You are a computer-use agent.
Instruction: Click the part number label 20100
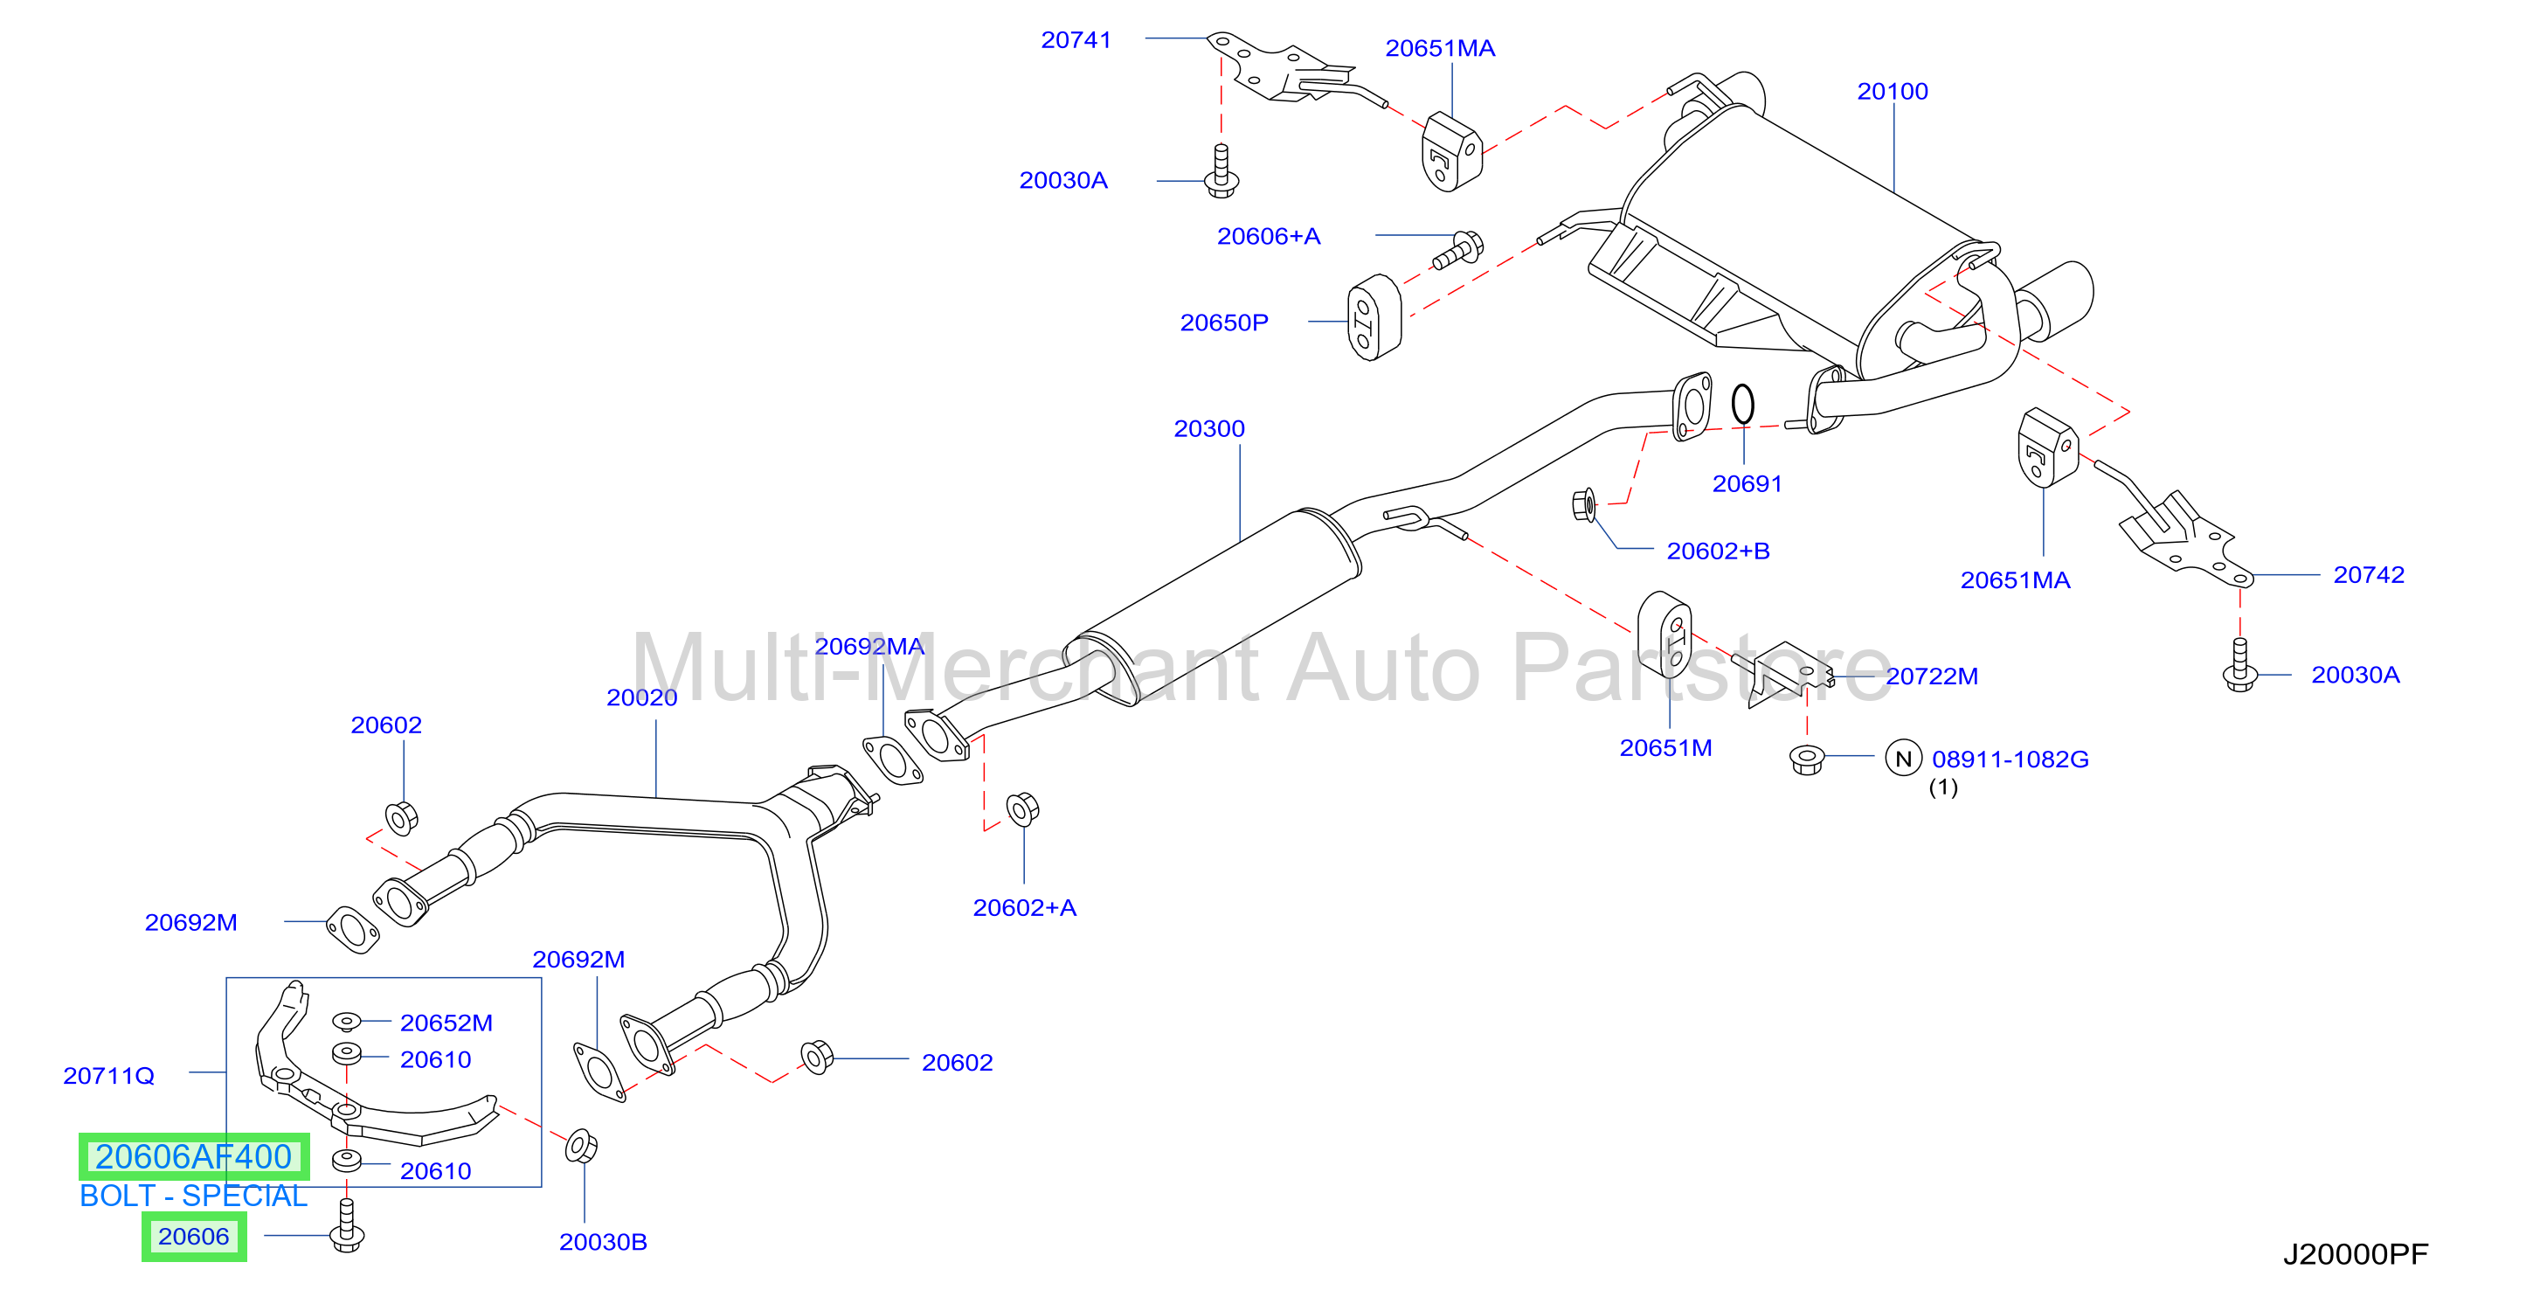[x=1892, y=91]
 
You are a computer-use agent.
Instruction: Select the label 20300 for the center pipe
[x=1209, y=429]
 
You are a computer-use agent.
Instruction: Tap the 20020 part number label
[x=641, y=697]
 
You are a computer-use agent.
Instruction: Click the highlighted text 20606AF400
[x=194, y=1156]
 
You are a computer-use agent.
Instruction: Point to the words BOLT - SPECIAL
[x=193, y=1196]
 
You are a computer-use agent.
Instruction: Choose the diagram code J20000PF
[x=2356, y=1255]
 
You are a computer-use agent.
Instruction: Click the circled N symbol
[x=1903, y=759]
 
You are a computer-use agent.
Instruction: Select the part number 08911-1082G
[x=2010, y=759]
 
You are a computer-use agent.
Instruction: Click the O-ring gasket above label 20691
[x=1742, y=403]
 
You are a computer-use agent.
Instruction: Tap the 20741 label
[x=1076, y=40]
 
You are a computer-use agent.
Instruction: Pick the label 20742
[x=2368, y=575]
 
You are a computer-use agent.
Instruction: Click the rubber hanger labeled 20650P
[x=1374, y=317]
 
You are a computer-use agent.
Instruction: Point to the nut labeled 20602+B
[x=1583, y=504]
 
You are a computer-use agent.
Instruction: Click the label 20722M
[x=1932, y=676]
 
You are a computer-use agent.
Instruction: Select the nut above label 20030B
[x=582, y=1146]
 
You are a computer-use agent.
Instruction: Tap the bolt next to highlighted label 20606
[x=346, y=1225]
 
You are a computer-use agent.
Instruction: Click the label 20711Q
[x=109, y=1076]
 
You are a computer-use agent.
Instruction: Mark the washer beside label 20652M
[x=346, y=1022]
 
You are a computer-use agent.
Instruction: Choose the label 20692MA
[x=869, y=647]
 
